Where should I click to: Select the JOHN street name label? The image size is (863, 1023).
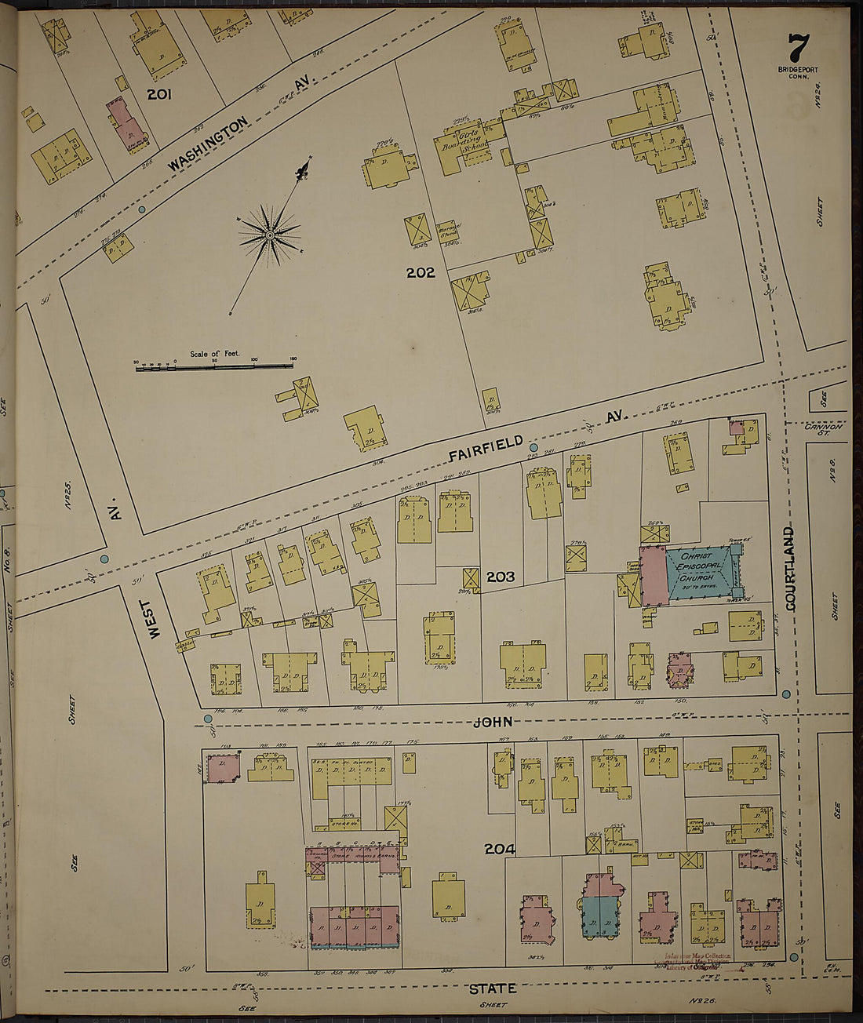click(497, 721)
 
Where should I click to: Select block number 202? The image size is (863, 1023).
click(421, 273)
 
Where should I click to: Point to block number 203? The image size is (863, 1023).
click(500, 577)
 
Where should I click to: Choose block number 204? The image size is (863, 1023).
click(499, 848)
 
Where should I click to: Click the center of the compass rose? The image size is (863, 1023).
click(270, 234)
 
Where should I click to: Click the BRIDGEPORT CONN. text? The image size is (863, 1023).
click(797, 73)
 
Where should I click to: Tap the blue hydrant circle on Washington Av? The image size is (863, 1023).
click(141, 210)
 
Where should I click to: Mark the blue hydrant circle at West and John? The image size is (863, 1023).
click(208, 719)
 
